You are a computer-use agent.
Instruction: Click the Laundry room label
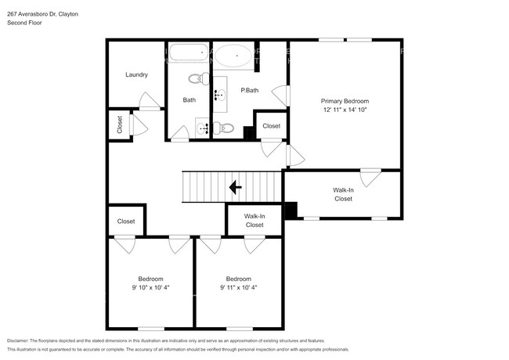(137, 75)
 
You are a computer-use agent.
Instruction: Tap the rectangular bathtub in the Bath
(188, 55)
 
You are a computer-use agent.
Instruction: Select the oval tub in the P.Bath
(233, 56)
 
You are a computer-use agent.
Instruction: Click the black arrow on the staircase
(234, 187)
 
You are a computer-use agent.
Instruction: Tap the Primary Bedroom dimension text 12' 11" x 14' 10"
(345, 110)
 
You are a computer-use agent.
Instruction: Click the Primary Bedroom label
(345, 101)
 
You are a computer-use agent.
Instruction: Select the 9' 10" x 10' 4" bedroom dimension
(151, 288)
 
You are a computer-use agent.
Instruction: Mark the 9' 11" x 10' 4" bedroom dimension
(239, 288)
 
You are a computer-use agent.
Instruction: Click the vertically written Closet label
(120, 125)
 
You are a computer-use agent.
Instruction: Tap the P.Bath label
(250, 91)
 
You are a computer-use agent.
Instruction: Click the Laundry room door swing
(148, 100)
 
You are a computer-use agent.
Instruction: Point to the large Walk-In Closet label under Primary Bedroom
(343, 194)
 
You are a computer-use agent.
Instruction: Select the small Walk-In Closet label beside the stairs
(254, 220)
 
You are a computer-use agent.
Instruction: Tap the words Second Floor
(25, 23)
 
